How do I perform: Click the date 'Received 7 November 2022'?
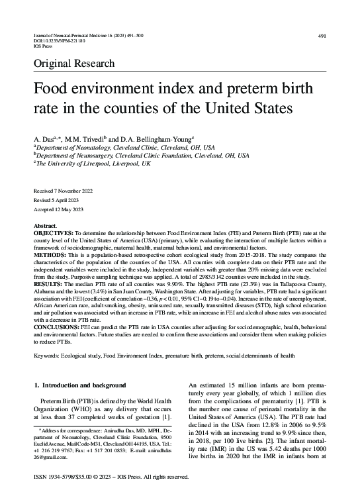[64, 191]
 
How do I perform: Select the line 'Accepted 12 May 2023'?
[58, 209]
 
